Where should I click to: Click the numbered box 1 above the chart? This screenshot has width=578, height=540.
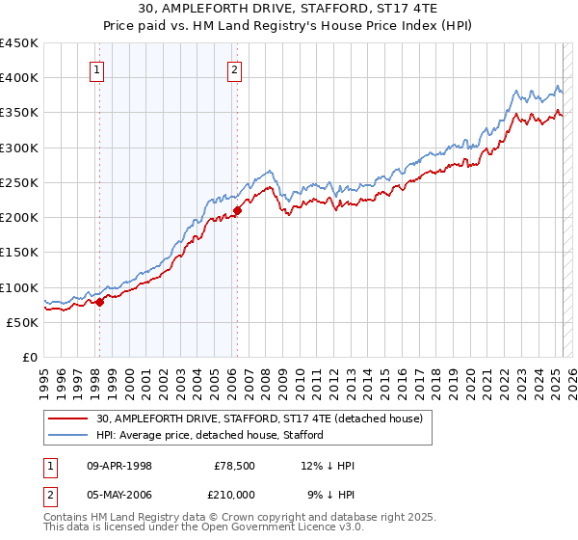pyautogui.click(x=99, y=68)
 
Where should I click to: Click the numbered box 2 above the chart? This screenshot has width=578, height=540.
pyautogui.click(x=235, y=68)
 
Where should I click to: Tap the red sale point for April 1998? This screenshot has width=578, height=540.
pyautogui.click(x=99, y=302)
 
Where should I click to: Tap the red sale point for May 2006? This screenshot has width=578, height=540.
pyautogui.click(x=237, y=210)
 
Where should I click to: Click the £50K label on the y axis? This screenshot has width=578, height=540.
pyautogui.click(x=23, y=322)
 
